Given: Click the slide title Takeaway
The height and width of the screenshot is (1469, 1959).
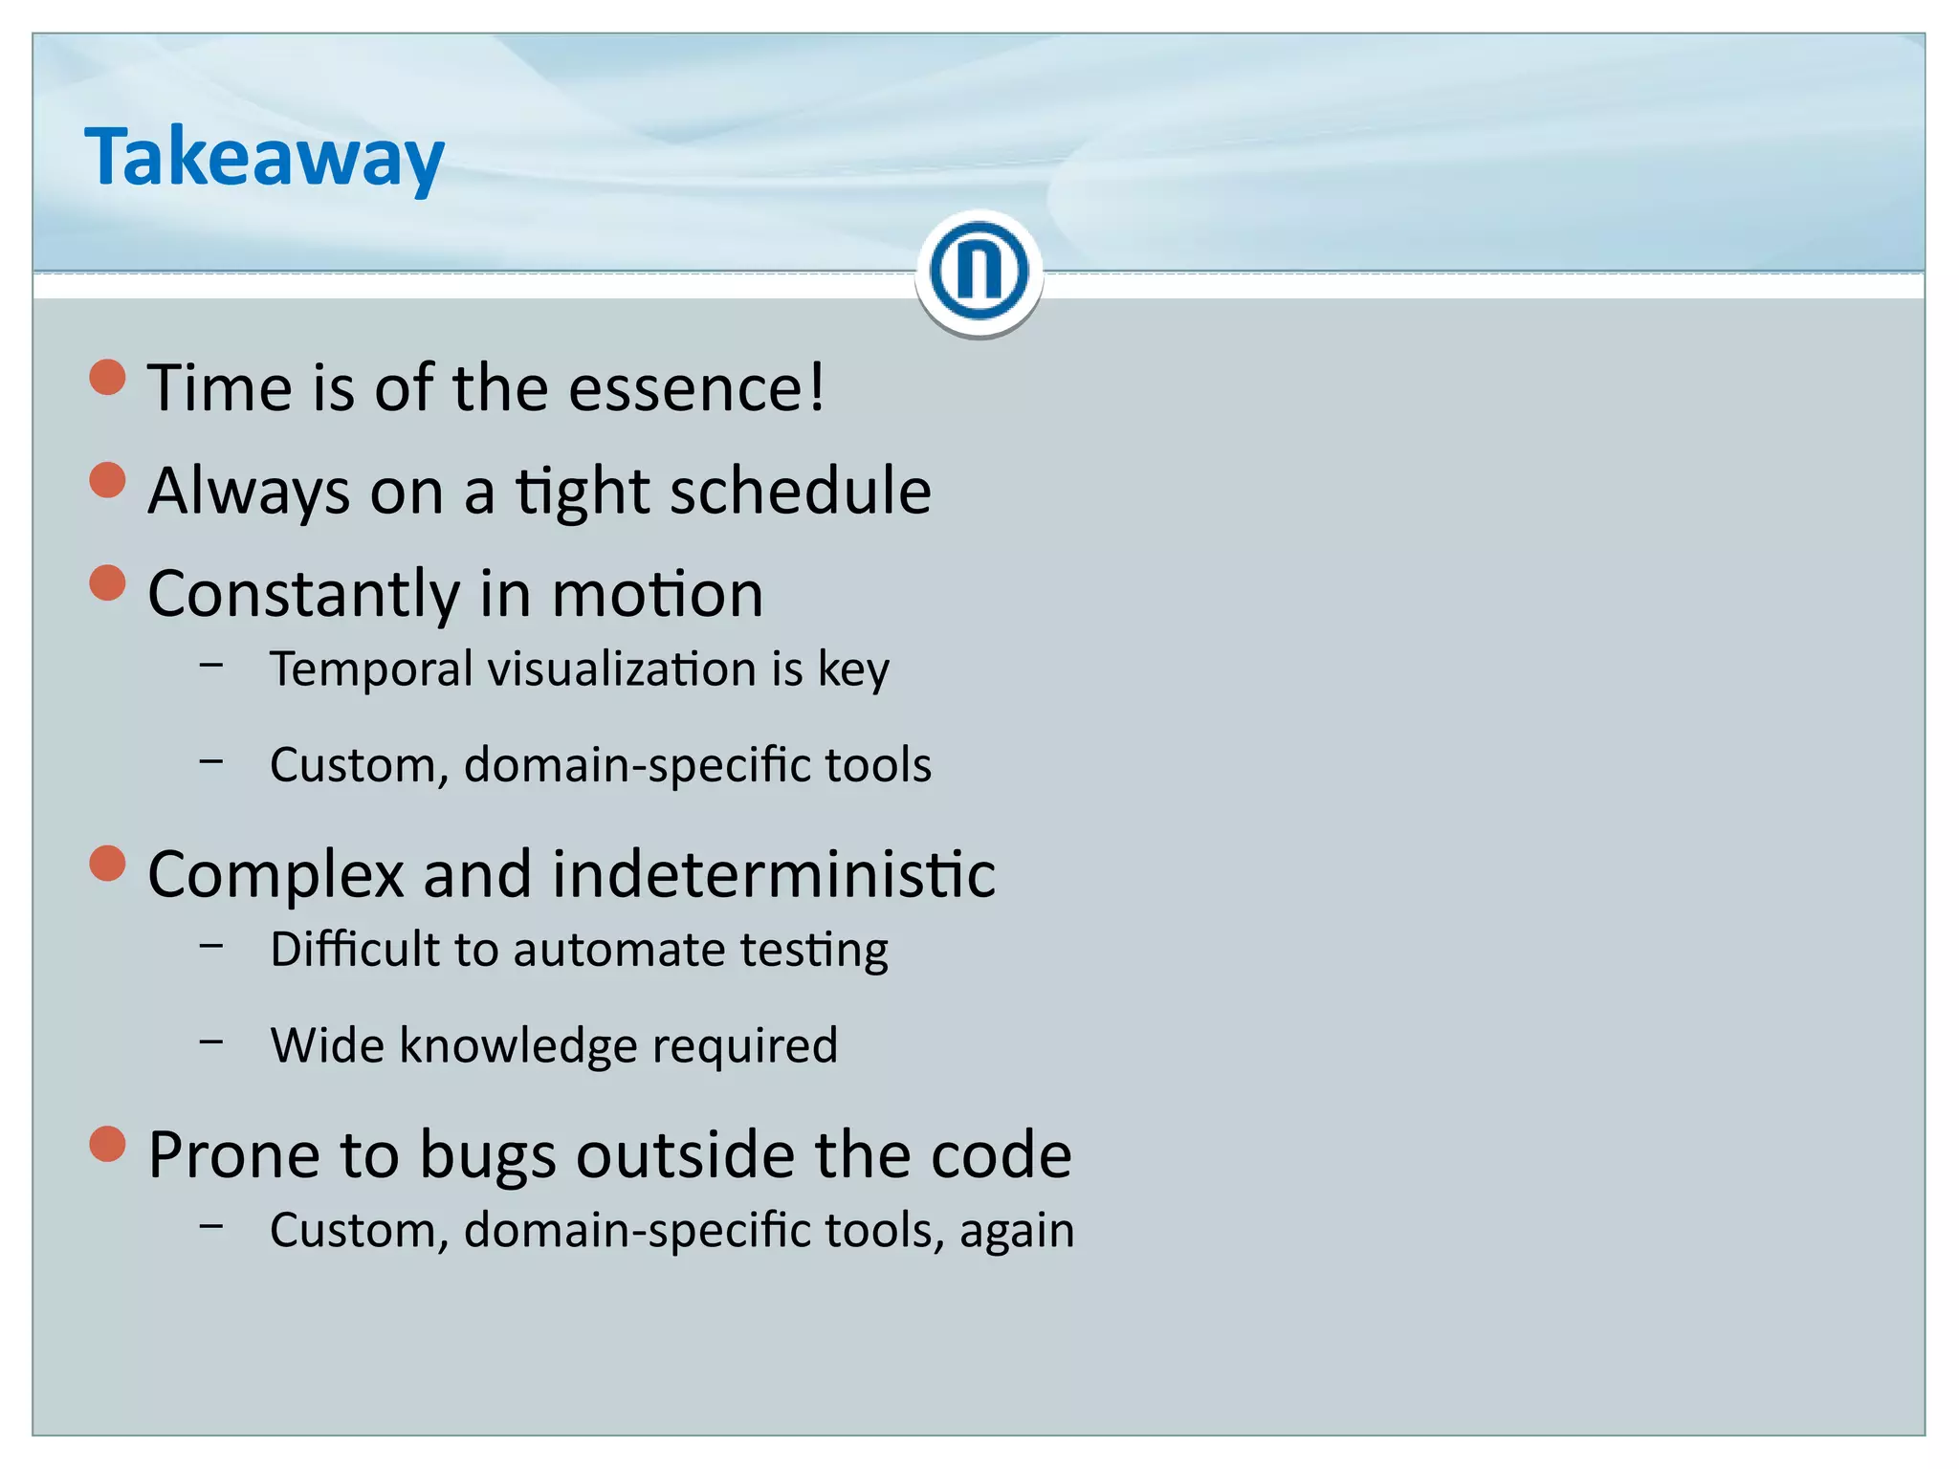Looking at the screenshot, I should click(264, 158).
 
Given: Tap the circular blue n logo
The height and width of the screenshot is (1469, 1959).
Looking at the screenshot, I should click(979, 272).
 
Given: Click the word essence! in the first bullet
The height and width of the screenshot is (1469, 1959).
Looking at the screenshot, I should click(695, 388).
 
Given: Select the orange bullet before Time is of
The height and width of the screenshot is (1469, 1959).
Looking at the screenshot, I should click(107, 378).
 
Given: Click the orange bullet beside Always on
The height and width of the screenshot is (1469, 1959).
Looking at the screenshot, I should click(107, 480).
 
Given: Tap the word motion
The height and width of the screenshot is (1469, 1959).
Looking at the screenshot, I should click(657, 594).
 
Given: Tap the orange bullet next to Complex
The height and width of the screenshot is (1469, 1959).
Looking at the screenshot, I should click(107, 864).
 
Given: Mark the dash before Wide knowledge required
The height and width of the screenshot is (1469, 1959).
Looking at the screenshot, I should click(211, 1039).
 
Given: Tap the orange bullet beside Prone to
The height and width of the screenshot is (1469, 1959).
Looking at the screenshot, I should click(107, 1144).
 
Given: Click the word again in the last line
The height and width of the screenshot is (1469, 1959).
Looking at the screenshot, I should click(1016, 1231).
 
